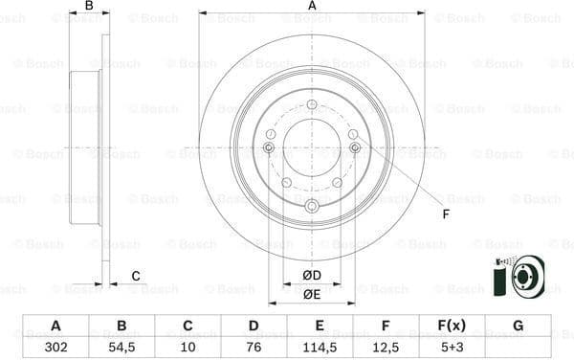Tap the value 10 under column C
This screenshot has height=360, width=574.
pyautogui.click(x=188, y=348)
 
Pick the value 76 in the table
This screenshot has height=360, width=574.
pyautogui.click(x=254, y=348)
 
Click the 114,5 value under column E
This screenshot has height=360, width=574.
pyautogui.click(x=319, y=348)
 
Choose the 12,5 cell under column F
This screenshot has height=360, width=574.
pyautogui.click(x=385, y=348)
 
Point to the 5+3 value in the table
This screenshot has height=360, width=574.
pyautogui.click(x=451, y=348)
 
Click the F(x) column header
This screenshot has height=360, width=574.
pyautogui.click(x=451, y=326)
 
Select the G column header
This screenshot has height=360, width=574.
pyautogui.click(x=518, y=326)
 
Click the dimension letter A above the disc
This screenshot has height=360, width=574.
pyautogui.click(x=312, y=6)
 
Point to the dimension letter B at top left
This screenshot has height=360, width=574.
pyautogui.click(x=89, y=6)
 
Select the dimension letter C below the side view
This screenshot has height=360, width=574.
pyautogui.click(x=136, y=276)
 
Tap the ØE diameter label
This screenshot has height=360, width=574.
pyautogui.click(x=312, y=294)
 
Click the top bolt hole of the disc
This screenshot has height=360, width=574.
pyautogui.click(x=312, y=104)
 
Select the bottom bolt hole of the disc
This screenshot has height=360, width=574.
pyautogui.click(x=312, y=207)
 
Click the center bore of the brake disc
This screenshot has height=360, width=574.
pyautogui.click(x=312, y=148)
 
